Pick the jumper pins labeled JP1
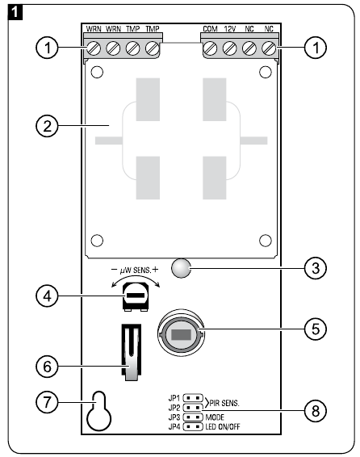click(x=193, y=398)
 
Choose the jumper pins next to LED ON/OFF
click(x=193, y=426)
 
